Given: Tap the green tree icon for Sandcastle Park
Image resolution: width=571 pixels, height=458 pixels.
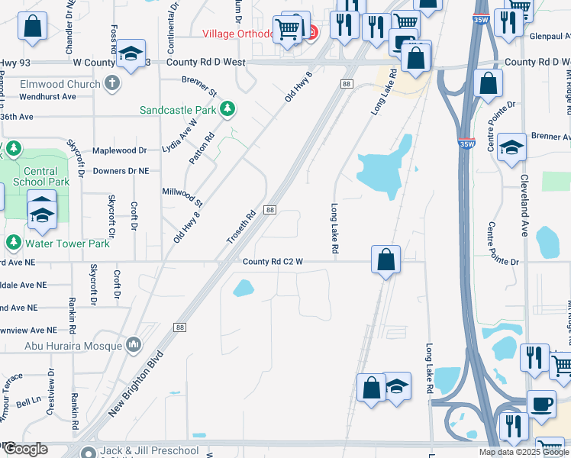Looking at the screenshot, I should click(227, 110).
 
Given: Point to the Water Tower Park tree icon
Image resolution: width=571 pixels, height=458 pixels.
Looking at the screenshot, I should click(13, 243).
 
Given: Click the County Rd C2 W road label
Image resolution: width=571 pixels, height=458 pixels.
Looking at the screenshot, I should click(273, 262).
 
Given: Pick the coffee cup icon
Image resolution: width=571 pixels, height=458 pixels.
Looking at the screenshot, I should click(541, 402).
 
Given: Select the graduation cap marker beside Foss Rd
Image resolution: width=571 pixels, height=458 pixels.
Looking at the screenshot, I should click(131, 53).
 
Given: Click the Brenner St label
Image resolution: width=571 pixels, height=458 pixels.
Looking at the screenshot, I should click(200, 79).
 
